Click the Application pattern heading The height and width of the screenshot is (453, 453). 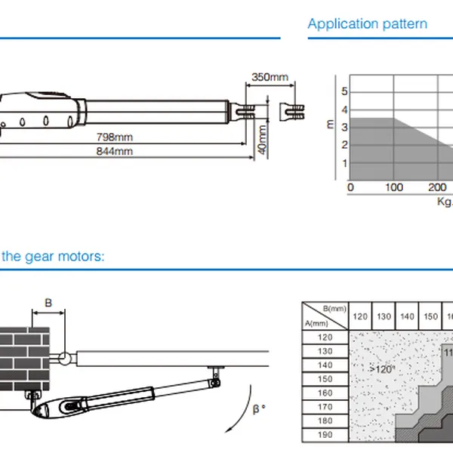point(367,23)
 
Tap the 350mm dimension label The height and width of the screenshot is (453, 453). point(270,77)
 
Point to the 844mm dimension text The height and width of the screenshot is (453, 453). point(116,151)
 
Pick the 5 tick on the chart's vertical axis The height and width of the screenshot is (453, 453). point(345,91)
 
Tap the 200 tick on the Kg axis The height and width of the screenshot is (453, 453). point(436,187)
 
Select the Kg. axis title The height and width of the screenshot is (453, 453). point(445,201)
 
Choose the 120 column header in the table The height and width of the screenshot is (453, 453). point(361,317)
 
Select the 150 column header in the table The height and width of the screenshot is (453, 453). point(430,317)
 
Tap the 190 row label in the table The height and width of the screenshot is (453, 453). point(325,434)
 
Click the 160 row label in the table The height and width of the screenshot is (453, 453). point(325,393)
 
